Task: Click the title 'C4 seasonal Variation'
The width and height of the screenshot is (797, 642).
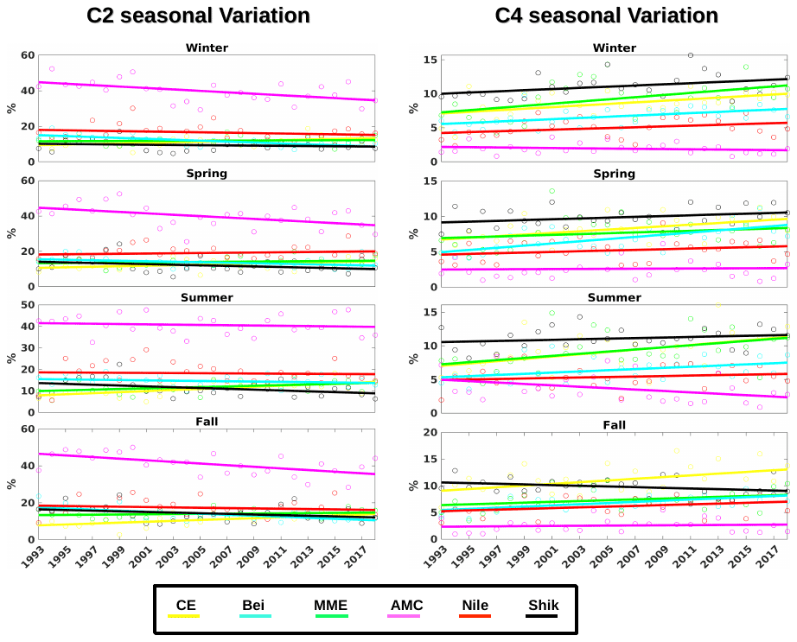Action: tap(606, 16)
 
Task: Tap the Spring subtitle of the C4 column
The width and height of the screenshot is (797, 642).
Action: tap(614, 173)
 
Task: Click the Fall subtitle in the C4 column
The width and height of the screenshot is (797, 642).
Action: tap(614, 424)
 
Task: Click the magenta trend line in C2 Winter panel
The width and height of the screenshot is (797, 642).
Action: tap(207, 92)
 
